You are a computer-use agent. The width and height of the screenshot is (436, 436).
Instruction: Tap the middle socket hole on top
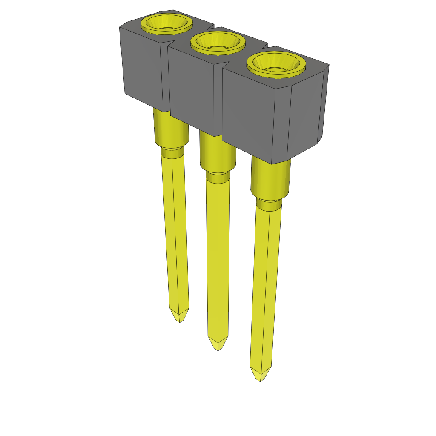click(x=218, y=43)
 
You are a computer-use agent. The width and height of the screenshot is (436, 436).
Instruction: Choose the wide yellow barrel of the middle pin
click(x=217, y=153)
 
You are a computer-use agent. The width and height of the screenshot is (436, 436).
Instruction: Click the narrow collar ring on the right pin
click(x=268, y=205)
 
